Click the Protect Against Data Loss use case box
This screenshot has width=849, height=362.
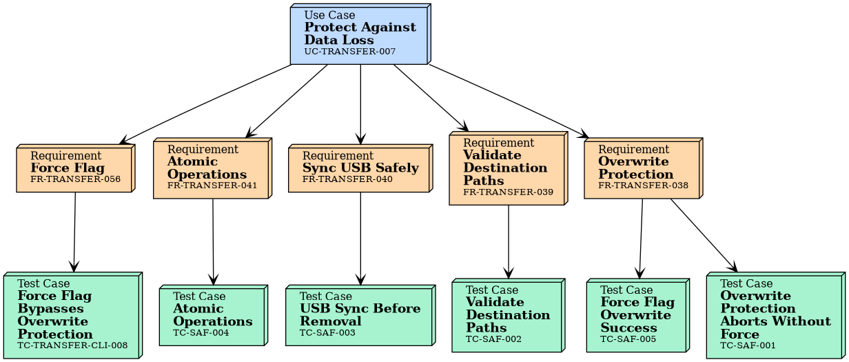[x=360, y=34]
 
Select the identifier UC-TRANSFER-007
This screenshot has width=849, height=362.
[x=350, y=52]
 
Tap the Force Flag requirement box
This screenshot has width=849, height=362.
[x=74, y=168]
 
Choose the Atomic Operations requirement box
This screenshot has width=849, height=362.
[x=212, y=168]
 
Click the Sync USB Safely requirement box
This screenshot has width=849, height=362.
[x=360, y=168]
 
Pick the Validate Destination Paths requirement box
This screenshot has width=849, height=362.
[x=508, y=168]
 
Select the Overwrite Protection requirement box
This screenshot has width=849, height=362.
[x=642, y=168]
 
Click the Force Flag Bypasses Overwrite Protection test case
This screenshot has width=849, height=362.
[x=72, y=315]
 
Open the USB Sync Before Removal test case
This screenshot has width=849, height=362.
[x=360, y=315]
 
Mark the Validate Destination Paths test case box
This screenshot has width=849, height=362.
[x=508, y=315]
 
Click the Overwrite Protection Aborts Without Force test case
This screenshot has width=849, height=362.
[x=775, y=315]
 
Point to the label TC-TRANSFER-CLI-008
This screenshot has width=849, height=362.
[x=72, y=345]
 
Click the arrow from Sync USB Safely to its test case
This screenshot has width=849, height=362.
[x=360, y=238]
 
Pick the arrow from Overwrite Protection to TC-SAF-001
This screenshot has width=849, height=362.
[x=703, y=234]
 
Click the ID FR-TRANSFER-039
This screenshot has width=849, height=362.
[x=508, y=192]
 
